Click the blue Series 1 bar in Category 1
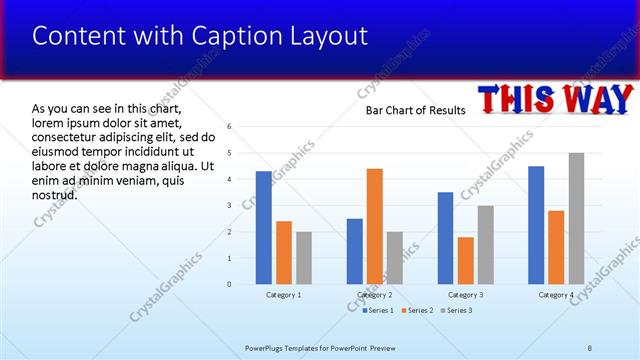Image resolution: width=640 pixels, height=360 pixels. (x=263, y=228)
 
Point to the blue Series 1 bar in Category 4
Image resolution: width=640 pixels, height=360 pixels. (x=536, y=225)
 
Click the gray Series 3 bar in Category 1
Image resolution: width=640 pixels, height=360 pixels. (x=304, y=258)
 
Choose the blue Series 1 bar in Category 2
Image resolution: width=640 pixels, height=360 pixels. (x=355, y=251)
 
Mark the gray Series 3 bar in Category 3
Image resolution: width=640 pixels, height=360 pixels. (x=485, y=245)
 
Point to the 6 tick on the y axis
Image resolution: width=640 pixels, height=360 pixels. (x=230, y=126)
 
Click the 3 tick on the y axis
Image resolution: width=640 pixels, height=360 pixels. (x=230, y=205)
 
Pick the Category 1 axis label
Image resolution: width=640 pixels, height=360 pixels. (x=284, y=295)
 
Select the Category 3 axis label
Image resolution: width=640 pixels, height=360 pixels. (x=465, y=295)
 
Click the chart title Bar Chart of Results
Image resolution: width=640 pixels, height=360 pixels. (x=415, y=110)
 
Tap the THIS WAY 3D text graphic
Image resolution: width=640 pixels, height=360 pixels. (x=556, y=100)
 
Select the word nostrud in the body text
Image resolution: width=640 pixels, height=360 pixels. (x=54, y=194)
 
